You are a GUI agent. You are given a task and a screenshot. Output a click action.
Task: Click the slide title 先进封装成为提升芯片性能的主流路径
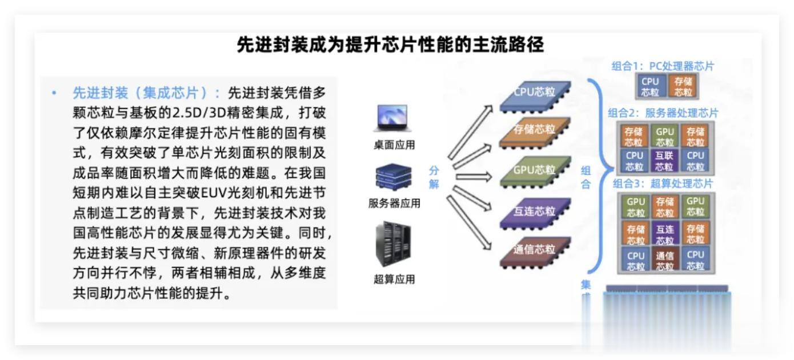coord(390,45)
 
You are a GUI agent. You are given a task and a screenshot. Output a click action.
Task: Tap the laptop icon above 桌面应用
coord(391,118)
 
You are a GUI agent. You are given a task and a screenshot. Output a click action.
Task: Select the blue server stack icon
coord(393,178)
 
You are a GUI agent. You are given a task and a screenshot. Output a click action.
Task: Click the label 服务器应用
coord(394,203)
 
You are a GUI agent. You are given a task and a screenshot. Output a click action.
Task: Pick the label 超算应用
coord(394,279)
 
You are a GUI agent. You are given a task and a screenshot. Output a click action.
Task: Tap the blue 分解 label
coord(434,178)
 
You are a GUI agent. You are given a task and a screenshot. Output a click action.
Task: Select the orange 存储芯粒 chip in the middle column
coord(535,131)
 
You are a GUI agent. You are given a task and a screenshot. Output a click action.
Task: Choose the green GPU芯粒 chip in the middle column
coord(535,171)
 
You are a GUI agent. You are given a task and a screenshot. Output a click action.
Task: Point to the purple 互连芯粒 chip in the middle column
coord(535,212)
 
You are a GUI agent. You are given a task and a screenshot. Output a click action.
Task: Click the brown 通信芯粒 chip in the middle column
coord(535,250)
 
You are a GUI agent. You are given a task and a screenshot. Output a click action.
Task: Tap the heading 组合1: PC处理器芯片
coord(663,66)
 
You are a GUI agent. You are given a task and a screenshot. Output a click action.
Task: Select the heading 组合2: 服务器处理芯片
coord(663,113)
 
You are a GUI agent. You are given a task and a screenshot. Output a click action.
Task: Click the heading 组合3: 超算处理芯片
coord(663,184)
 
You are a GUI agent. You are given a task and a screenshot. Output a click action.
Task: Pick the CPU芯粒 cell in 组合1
coord(650,87)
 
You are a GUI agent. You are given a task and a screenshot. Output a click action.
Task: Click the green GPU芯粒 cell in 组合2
coord(665,137)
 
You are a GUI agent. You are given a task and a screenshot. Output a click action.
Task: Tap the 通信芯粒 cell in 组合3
coord(665,261)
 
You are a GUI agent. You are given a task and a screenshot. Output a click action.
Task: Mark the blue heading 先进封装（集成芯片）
coord(146,93)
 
